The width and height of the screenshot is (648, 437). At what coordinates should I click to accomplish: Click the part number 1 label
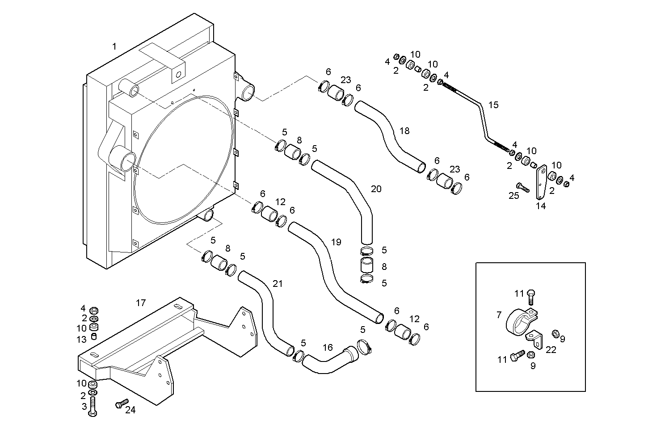(x=114, y=46)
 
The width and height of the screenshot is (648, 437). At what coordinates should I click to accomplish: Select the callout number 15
(x=493, y=105)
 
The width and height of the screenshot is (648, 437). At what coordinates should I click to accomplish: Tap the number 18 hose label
(x=404, y=131)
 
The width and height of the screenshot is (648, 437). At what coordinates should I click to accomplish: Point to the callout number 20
(x=376, y=189)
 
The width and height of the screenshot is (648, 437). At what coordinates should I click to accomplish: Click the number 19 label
(x=336, y=242)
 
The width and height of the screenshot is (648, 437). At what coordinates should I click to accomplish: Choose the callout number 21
(x=278, y=283)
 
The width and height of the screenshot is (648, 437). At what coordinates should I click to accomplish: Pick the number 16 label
(x=328, y=347)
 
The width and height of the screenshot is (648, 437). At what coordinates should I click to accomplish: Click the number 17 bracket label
(x=141, y=303)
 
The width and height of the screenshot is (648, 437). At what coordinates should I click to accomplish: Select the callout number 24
(x=130, y=410)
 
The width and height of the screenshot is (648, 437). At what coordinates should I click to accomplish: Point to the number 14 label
(x=541, y=206)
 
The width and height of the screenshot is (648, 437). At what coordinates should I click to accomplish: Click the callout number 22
(x=551, y=350)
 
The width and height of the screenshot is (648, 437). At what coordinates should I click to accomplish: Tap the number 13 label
(x=81, y=340)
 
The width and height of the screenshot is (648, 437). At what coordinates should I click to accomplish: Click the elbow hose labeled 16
(x=331, y=359)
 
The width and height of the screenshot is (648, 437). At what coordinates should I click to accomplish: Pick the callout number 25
(x=514, y=195)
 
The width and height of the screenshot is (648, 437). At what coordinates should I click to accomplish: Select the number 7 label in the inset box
(x=499, y=315)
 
